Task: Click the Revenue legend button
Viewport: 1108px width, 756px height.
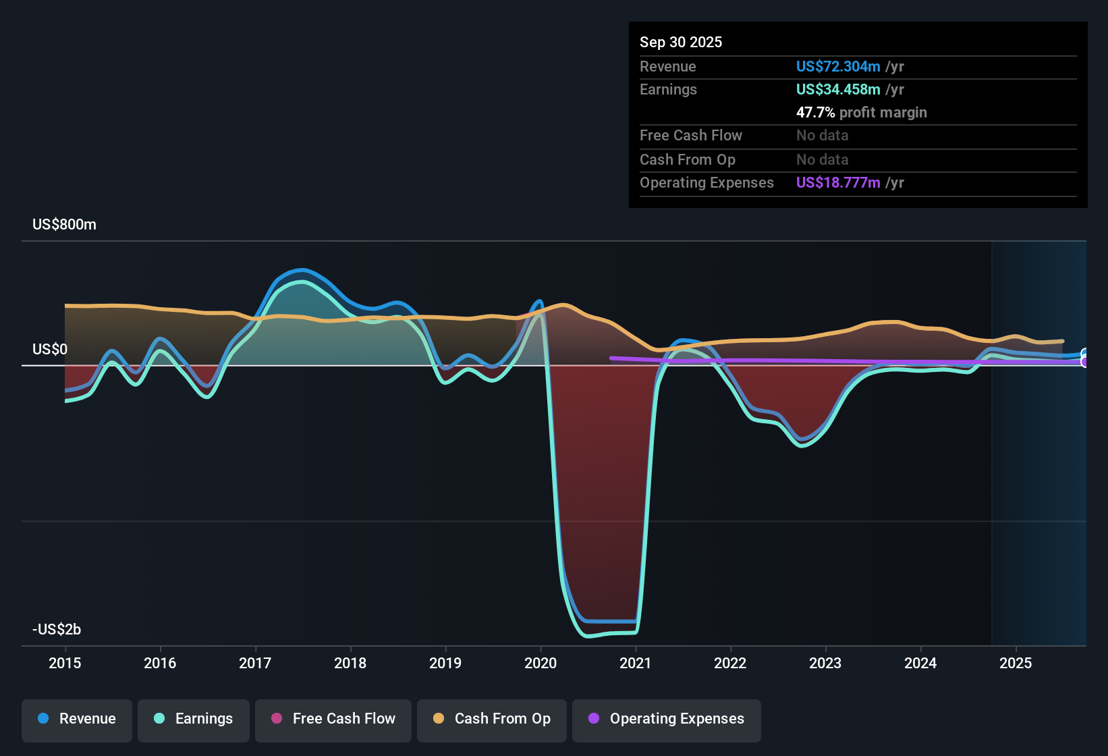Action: click(x=77, y=719)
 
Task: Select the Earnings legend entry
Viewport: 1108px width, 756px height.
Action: click(x=194, y=719)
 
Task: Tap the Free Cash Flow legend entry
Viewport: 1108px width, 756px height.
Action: click(x=333, y=719)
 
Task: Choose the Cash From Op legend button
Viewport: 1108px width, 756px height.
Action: click(x=492, y=719)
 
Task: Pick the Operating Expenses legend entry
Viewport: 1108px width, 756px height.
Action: click(x=667, y=719)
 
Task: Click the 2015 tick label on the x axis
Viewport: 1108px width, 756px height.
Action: click(x=65, y=664)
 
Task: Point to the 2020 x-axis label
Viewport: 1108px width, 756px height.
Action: click(x=541, y=664)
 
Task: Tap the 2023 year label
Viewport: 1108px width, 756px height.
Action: click(x=825, y=664)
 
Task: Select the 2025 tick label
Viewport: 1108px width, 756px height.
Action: click(x=1016, y=664)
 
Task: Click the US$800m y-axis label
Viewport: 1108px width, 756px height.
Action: click(x=64, y=225)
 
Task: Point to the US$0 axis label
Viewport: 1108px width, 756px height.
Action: click(x=50, y=350)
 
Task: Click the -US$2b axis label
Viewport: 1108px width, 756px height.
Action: click(x=57, y=630)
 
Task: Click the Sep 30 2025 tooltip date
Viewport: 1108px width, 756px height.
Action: click(x=681, y=43)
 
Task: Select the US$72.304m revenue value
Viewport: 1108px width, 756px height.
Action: click(x=838, y=67)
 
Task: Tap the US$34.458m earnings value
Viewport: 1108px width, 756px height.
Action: click(x=838, y=90)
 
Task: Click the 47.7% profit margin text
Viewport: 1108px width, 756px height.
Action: click(x=861, y=113)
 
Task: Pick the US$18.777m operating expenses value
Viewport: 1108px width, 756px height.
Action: click(x=838, y=183)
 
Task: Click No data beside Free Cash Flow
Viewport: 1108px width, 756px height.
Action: click(x=822, y=136)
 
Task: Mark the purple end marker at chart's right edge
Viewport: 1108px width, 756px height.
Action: click(x=1085, y=362)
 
